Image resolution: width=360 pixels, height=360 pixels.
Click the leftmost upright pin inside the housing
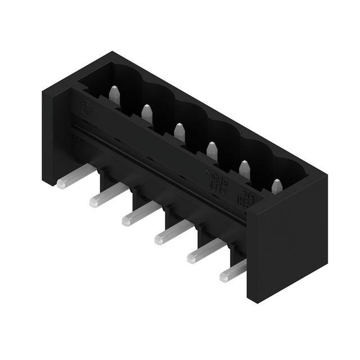tap(115, 95)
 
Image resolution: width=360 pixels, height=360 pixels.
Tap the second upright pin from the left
tap(147, 114)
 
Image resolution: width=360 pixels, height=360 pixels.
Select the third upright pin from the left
tap(179, 132)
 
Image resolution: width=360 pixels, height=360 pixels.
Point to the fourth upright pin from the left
tap(212, 150)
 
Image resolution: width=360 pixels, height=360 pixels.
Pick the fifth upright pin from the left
tap(245, 169)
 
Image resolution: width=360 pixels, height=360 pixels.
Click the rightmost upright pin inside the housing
tap(277, 186)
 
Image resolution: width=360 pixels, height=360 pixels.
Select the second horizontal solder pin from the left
tap(109, 196)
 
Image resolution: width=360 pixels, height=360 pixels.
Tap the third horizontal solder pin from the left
tap(141, 214)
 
